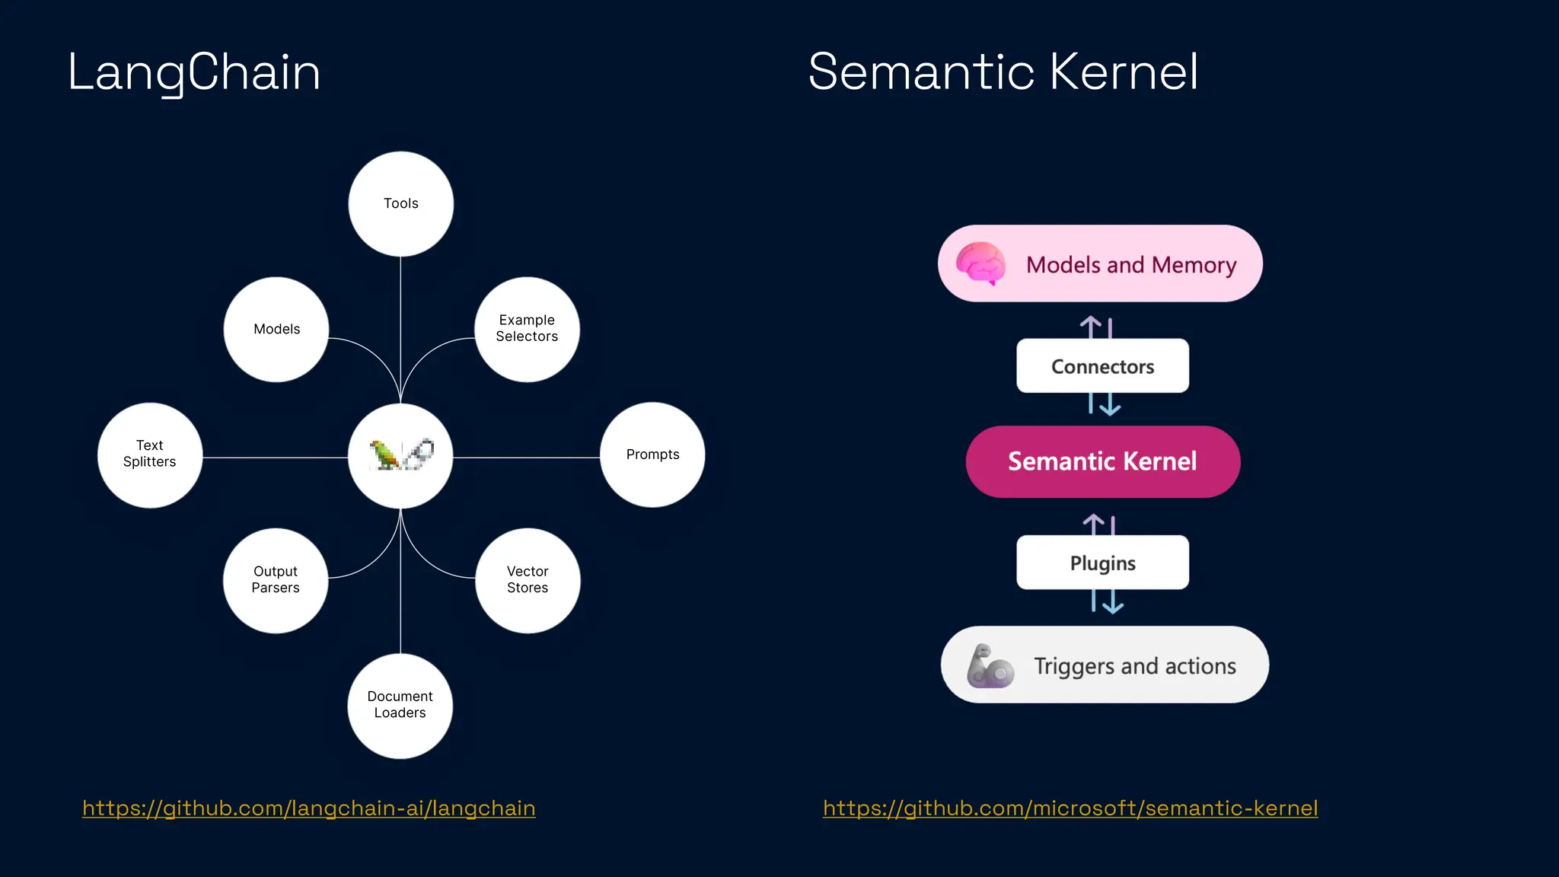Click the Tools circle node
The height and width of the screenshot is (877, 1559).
click(400, 204)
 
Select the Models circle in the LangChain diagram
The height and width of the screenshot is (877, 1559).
click(276, 329)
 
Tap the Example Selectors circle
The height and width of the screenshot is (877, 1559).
click(527, 329)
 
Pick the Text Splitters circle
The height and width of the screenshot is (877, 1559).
click(150, 454)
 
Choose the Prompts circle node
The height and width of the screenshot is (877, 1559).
click(652, 454)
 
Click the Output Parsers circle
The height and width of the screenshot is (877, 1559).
click(276, 580)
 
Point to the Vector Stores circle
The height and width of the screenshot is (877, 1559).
click(528, 580)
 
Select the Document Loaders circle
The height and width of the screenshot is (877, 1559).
click(400, 705)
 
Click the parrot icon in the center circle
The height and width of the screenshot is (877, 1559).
click(385, 454)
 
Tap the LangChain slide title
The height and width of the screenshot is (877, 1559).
click(194, 73)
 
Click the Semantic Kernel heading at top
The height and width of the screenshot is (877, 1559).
click(1003, 72)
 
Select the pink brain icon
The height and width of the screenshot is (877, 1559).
click(980, 263)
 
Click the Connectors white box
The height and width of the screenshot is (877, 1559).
click(1102, 366)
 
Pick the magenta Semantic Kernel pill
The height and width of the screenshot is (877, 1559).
click(1102, 461)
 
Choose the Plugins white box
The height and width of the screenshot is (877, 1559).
click(1102, 563)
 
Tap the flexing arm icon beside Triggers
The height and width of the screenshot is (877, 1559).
click(989, 666)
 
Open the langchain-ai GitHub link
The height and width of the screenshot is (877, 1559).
click(308, 808)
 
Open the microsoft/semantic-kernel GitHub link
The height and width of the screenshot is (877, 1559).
click(1070, 808)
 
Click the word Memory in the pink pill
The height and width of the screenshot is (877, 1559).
click(1194, 265)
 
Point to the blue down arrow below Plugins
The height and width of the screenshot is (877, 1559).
click(1113, 603)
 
